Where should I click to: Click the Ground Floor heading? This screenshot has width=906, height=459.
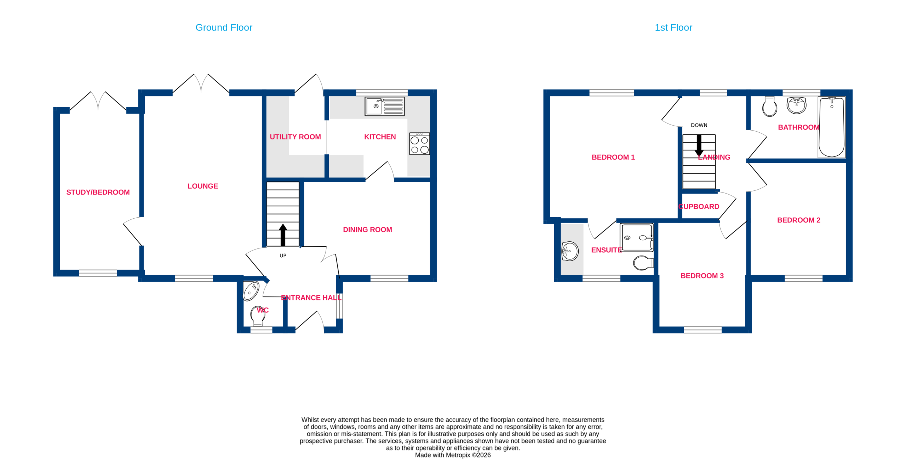224,28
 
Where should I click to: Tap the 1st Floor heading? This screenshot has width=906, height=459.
673,28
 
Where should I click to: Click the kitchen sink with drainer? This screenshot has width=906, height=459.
384,106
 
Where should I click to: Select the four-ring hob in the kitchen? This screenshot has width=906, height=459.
419,144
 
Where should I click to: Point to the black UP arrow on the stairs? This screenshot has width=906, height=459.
283,235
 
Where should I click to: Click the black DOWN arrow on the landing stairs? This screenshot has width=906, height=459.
699,145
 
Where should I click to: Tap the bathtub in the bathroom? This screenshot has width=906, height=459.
831,127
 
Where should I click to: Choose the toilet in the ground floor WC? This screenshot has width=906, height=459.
258,316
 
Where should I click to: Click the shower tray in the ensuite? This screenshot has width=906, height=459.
637,237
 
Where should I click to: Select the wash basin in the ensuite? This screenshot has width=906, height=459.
570,251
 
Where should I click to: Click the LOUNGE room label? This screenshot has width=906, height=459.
202,186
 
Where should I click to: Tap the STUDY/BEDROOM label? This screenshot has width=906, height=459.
98,192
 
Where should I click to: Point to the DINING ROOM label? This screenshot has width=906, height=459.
367,230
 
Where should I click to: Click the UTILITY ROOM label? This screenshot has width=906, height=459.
295,137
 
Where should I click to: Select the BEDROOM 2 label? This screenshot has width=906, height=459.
798,220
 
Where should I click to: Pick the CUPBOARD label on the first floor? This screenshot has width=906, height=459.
699,207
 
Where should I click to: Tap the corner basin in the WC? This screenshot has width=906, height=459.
251,291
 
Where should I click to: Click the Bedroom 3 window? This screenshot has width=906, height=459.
703,330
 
